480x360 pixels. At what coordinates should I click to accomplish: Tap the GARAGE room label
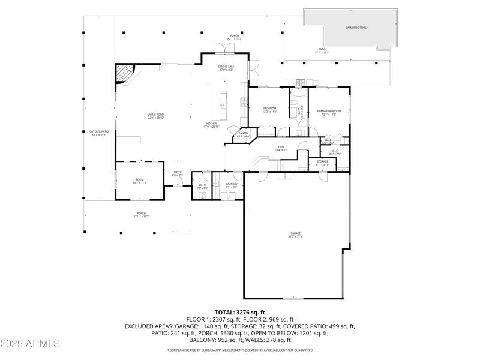tap(296, 235)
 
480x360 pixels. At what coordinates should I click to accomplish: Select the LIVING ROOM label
tap(157, 116)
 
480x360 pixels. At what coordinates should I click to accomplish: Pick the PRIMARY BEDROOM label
tap(329, 112)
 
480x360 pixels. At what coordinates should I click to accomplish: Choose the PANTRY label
tap(244, 134)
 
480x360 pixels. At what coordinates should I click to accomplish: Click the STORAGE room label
tap(322, 163)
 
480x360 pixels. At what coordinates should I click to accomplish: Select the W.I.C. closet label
tap(335, 152)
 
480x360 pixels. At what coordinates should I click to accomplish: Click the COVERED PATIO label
tap(99, 133)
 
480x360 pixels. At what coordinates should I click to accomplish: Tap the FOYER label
tap(178, 173)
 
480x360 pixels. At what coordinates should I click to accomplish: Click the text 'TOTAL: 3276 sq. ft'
tap(239, 313)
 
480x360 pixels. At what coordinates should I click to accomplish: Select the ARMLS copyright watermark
tap(30, 343)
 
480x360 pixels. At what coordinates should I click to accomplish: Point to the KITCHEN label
tap(212, 125)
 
